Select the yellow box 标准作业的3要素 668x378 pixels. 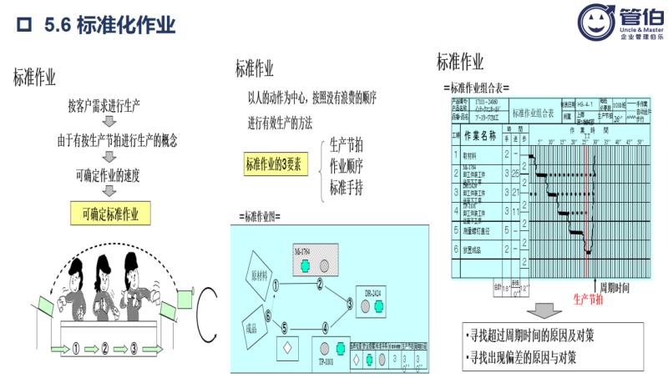click(276, 164)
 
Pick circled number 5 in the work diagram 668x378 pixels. click(285, 327)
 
